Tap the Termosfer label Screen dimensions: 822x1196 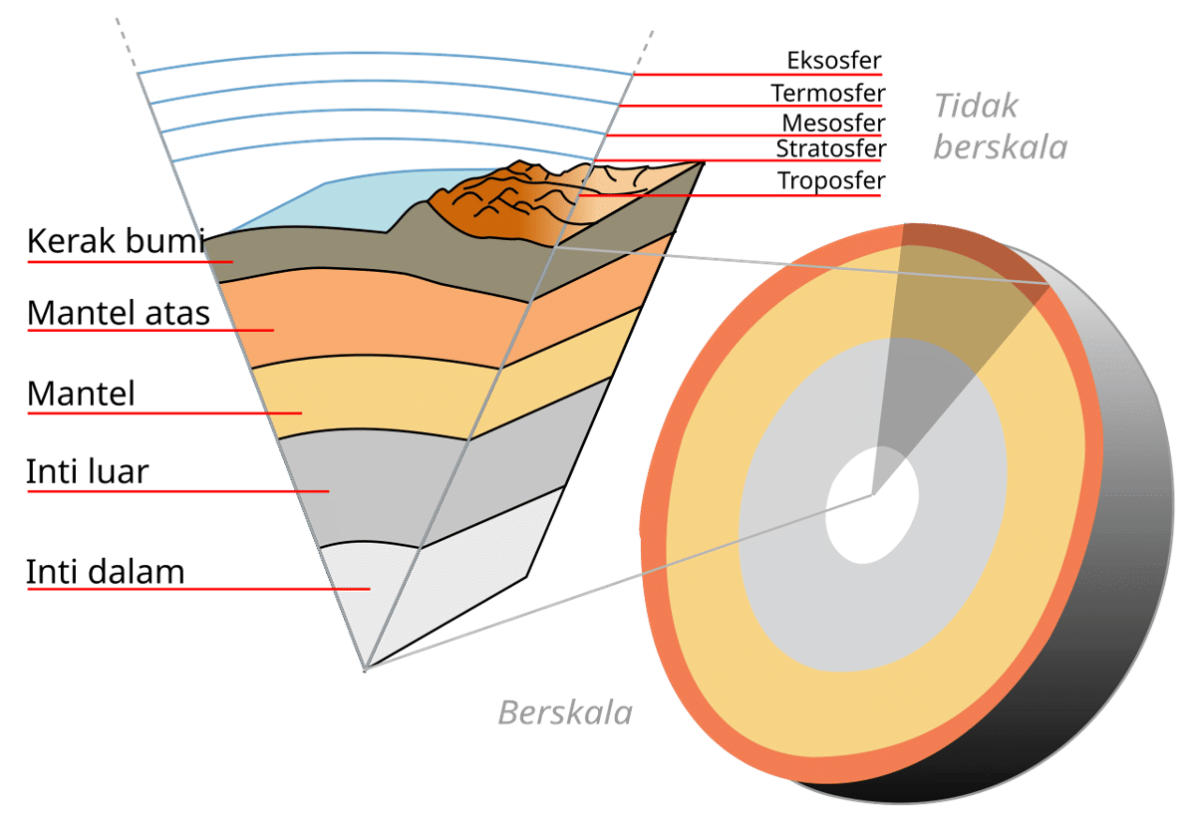coord(827,94)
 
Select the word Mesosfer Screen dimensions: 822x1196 coord(832,124)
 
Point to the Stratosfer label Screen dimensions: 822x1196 coord(830,149)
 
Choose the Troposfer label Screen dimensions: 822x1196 coord(831,181)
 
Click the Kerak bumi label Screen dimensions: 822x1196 coord(115,242)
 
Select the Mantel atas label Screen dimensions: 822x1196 coord(119,314)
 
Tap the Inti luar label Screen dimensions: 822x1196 coord(87,471)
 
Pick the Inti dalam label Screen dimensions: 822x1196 coord(105,573)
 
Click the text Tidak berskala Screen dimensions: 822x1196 coord(1000,127)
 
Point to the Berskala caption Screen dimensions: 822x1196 coord(564,712)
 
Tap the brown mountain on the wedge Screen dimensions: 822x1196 coord(488,204)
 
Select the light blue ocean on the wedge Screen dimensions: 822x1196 coord(349,204)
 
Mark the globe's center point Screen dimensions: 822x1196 coord(874,493)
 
